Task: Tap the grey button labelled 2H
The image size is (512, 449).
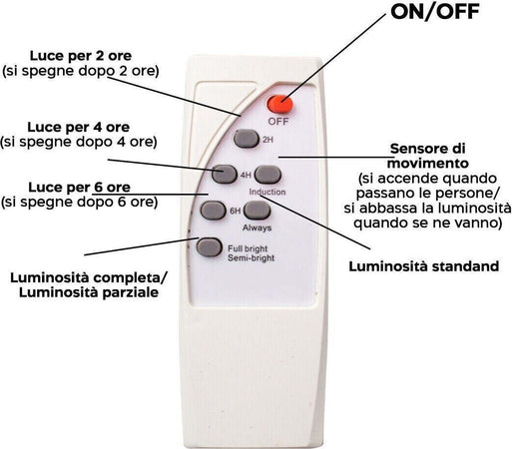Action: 247,139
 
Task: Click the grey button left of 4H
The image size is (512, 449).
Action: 225,174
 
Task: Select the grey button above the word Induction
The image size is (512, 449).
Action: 267,175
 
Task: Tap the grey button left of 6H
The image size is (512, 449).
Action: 213,211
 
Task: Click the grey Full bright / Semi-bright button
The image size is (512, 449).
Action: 209,246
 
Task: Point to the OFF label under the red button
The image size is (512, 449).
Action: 278,122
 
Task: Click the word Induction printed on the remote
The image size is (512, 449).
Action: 267,192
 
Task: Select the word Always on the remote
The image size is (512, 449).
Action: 256,227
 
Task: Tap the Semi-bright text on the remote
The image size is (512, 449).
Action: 252,258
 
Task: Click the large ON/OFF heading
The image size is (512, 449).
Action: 435,12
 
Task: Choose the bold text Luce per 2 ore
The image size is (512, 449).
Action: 81,56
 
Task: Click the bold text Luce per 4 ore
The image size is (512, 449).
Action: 79,127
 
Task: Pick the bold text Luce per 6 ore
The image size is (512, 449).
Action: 79,188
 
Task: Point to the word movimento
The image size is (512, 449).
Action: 428,164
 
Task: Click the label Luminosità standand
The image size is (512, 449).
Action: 424,266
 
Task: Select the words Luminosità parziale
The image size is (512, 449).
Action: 89,292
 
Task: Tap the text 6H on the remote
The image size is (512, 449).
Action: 236,211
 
